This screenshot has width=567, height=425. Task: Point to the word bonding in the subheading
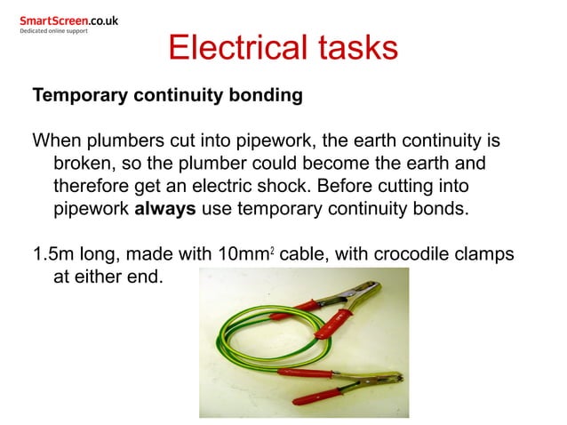point(265,95)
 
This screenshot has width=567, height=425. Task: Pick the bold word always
point(165,211)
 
